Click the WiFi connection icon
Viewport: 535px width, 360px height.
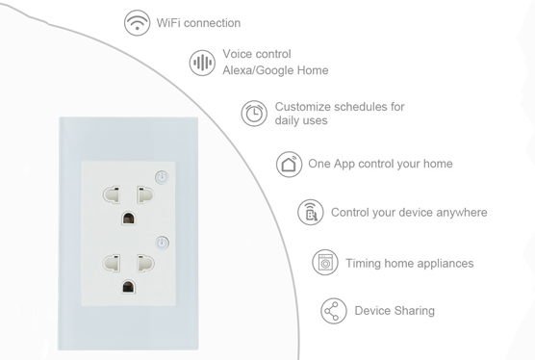(x=137, y=22)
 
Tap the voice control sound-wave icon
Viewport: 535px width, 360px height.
(x=202, y=63)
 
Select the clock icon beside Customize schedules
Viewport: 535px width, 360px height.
(x=254, y=113)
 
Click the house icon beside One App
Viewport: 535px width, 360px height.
(x=289, y=164)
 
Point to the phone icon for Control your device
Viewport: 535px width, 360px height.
(x=310, y=213)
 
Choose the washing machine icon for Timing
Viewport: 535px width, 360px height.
(x=325, y=262)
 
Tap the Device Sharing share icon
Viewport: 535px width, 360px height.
(x=333, y=311)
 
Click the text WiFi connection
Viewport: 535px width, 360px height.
(x=198, y=22)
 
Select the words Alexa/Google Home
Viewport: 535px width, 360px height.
(x=275, y=70)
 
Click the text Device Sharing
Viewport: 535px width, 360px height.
(x=395, y=310)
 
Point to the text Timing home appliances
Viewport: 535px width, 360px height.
(x=410, y=263)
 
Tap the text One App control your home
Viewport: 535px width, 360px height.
(x=380, y=164)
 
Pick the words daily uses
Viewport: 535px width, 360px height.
(x=301, y=120)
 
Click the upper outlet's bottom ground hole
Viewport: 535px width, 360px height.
(x=127, y=219)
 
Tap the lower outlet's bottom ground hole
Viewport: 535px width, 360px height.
(x=127, y=286)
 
